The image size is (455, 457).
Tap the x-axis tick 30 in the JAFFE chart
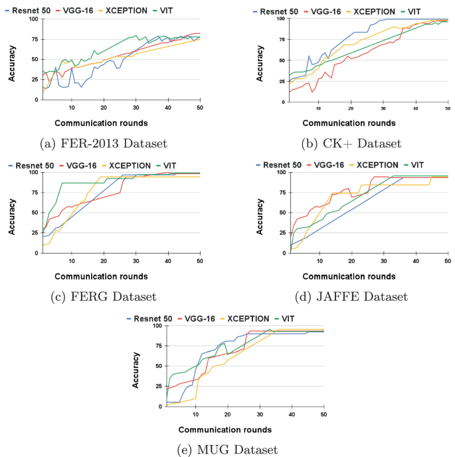tap(383, 261)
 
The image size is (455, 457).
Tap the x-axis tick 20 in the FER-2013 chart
tap(104, 108)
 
